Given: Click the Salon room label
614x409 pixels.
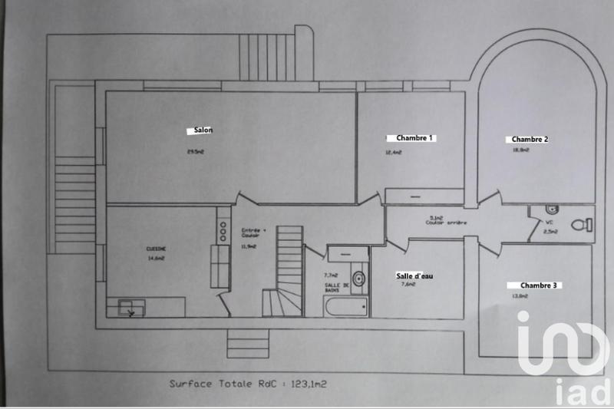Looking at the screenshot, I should tap(203, 130).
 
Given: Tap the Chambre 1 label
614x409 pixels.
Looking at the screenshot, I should tap(414, 138).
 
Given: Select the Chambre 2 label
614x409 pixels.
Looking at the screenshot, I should tap(530, 139).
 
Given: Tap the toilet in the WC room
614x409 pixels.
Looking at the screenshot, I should tap(587, 224).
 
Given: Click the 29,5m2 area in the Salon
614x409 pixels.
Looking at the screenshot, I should tap(196, 151).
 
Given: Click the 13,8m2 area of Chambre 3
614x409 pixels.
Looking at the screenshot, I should tap(520, 296).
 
